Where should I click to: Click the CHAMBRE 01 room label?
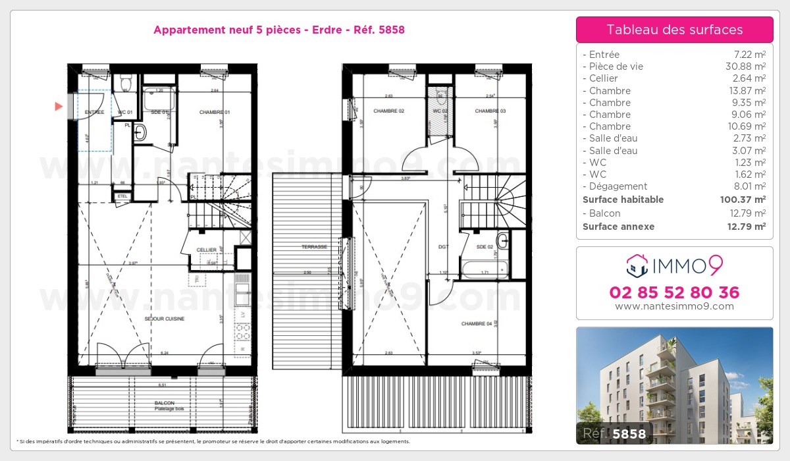(215, 113)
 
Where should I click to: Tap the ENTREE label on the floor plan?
(95, 113)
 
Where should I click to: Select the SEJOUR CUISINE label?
(165, 319)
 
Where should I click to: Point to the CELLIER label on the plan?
(207, 250)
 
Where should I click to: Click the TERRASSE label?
(315, 246)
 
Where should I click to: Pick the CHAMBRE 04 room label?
(477, 324)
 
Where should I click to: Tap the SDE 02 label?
(485, 246)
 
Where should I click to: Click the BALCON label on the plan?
(165, 402)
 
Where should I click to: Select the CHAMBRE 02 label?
(388, 111)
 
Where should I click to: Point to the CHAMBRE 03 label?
(490, 111)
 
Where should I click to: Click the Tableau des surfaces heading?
(674, 30)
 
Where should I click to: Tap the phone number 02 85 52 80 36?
(674, 292)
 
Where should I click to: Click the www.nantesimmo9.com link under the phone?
(674, 306)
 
